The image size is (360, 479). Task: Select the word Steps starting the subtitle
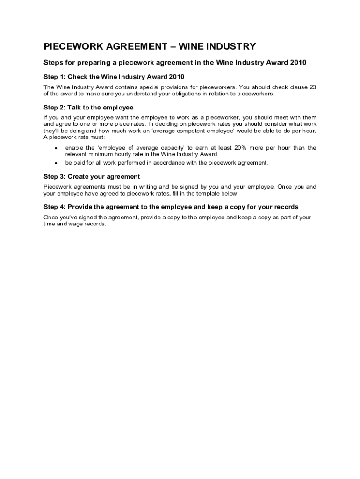(x=54, y=63)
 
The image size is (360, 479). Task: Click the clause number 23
(x=312, y=87)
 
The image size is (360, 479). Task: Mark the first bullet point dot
(x=56, y=148)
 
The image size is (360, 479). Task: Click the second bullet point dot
(x=56, y=163)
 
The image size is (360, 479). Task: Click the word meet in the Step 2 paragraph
(x=282, y=117)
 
